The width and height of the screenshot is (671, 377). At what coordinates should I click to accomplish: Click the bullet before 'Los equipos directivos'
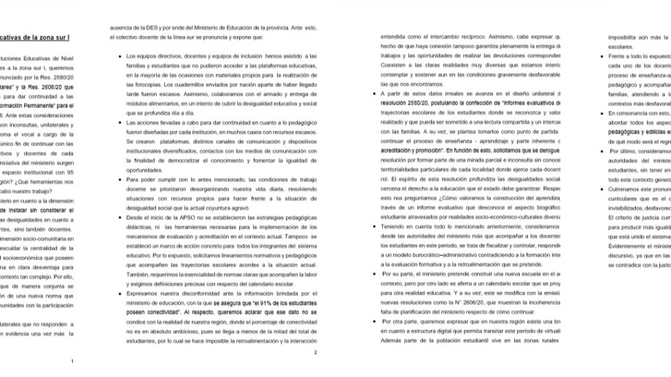(119, 55)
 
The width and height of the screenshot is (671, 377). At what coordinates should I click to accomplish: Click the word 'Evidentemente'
(633, 246)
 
